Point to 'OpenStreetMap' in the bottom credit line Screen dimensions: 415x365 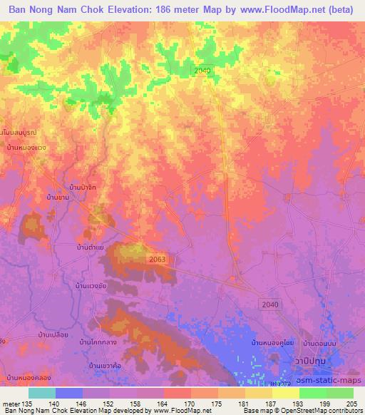307,411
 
